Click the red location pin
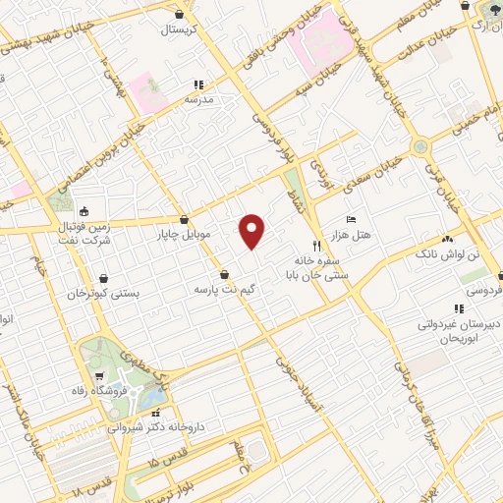(252, 229)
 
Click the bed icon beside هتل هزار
(351, 220)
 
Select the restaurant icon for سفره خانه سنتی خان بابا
(315, 245)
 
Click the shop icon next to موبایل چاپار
(184, 220)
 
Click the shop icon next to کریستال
(178, 15)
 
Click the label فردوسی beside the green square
(480, 292)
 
